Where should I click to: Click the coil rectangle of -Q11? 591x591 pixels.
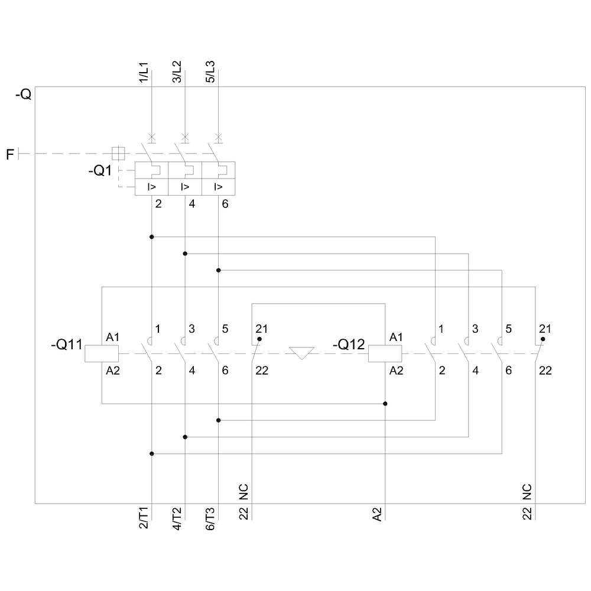102,353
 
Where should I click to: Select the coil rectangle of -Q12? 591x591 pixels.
385,353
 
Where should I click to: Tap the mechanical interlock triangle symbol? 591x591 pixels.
302,353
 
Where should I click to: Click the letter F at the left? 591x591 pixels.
9,155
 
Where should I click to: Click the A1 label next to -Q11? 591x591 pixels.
113,337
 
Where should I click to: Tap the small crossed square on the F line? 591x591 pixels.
119,153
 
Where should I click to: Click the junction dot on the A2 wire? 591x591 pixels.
385,404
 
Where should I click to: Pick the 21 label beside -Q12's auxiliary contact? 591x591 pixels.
545,329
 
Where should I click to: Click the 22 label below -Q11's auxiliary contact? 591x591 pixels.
262,371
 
